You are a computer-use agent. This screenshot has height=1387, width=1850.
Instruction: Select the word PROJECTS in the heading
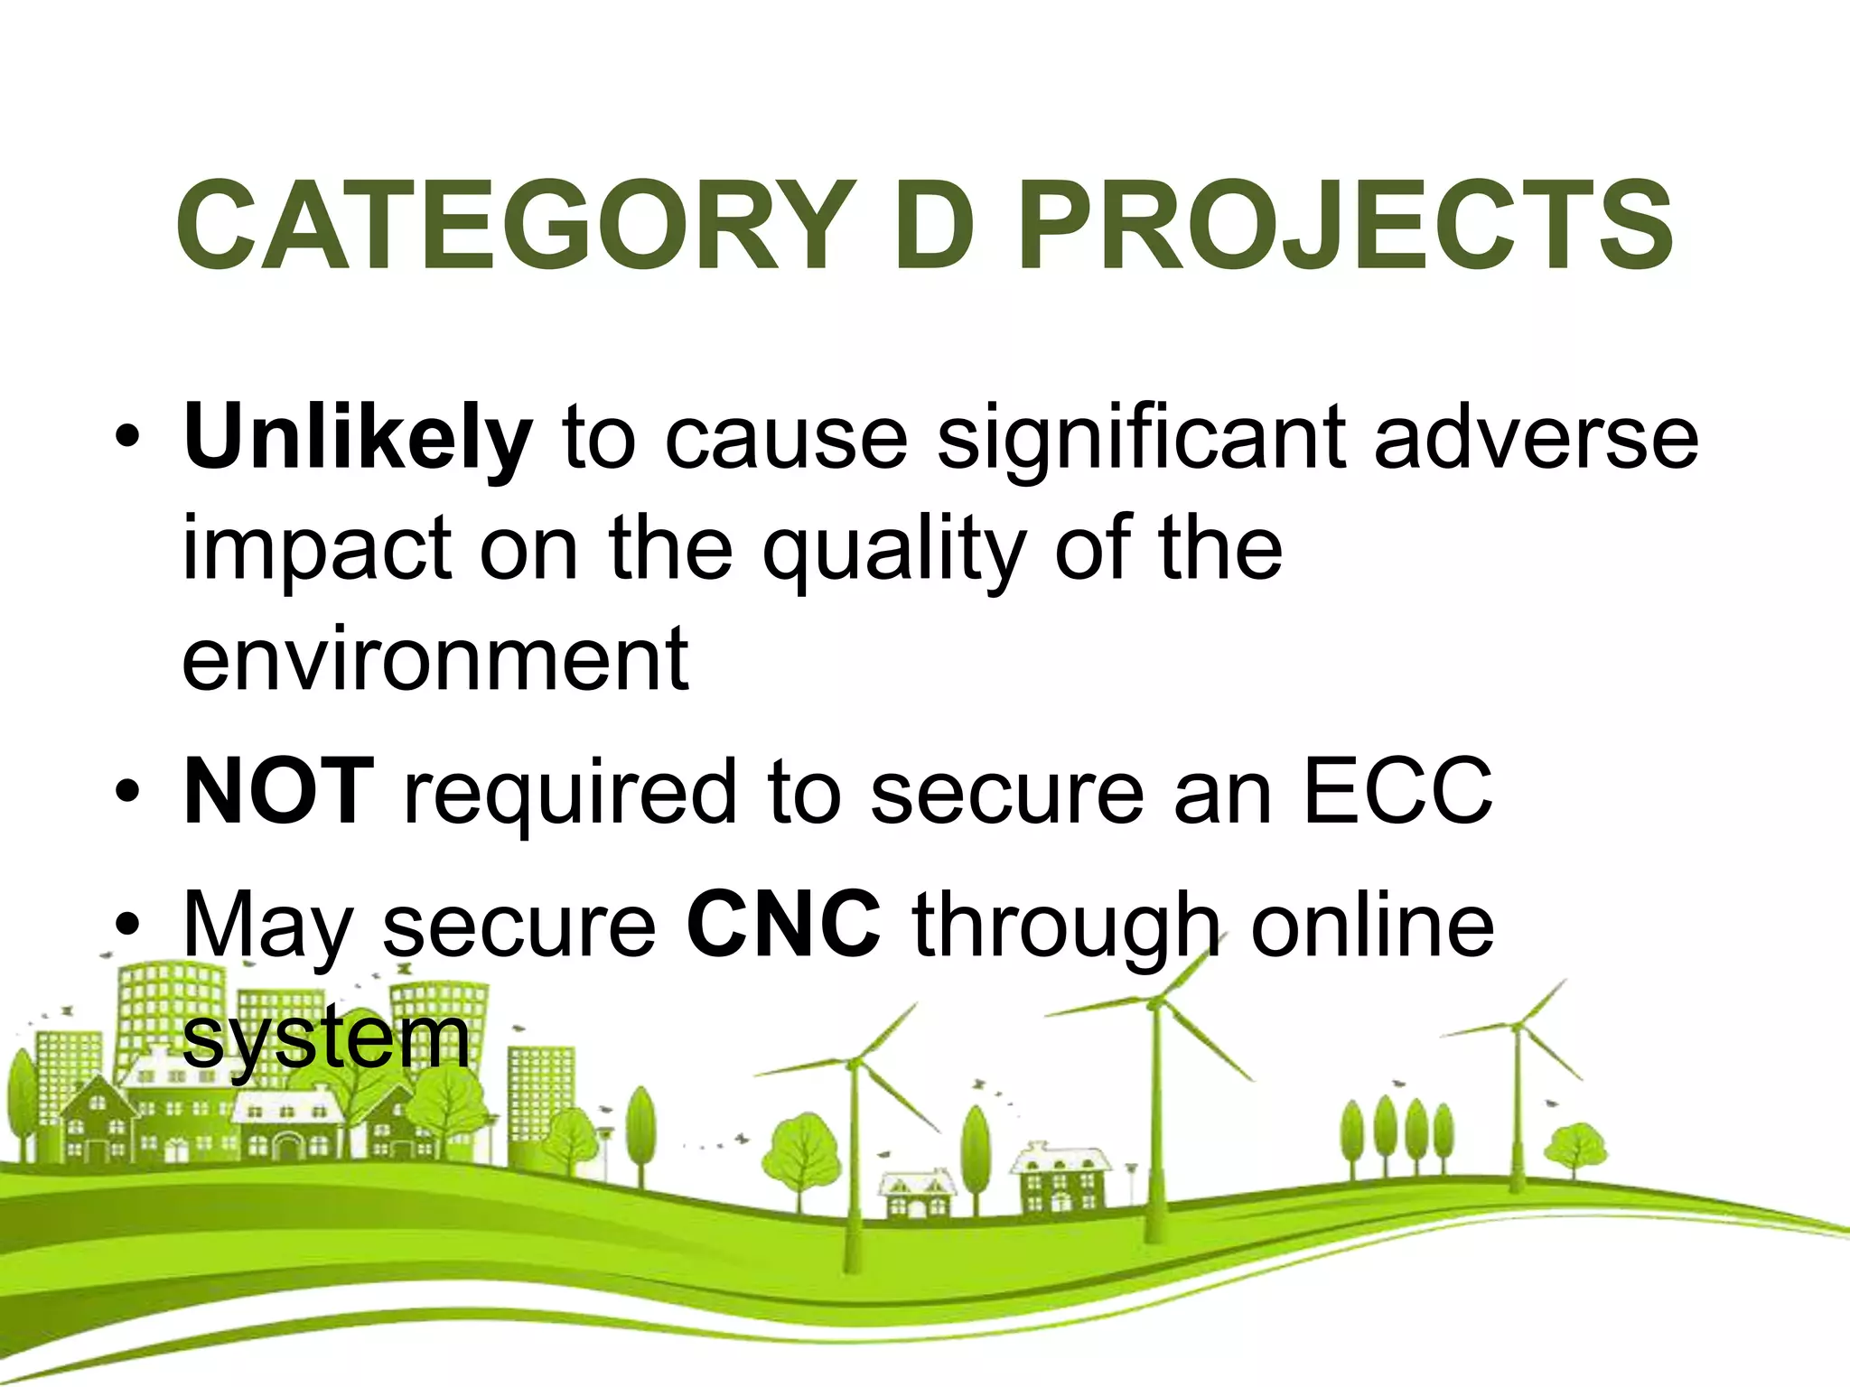1346,226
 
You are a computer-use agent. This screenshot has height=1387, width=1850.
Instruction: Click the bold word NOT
278,792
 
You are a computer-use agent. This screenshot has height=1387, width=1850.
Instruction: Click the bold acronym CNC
783,925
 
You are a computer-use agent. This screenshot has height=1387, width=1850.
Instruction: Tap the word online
1372,925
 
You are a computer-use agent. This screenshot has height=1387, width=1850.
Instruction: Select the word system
325,1038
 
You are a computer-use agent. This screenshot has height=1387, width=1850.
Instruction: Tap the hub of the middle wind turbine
1155,1001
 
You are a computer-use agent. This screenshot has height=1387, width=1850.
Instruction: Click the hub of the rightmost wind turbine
1517,1026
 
